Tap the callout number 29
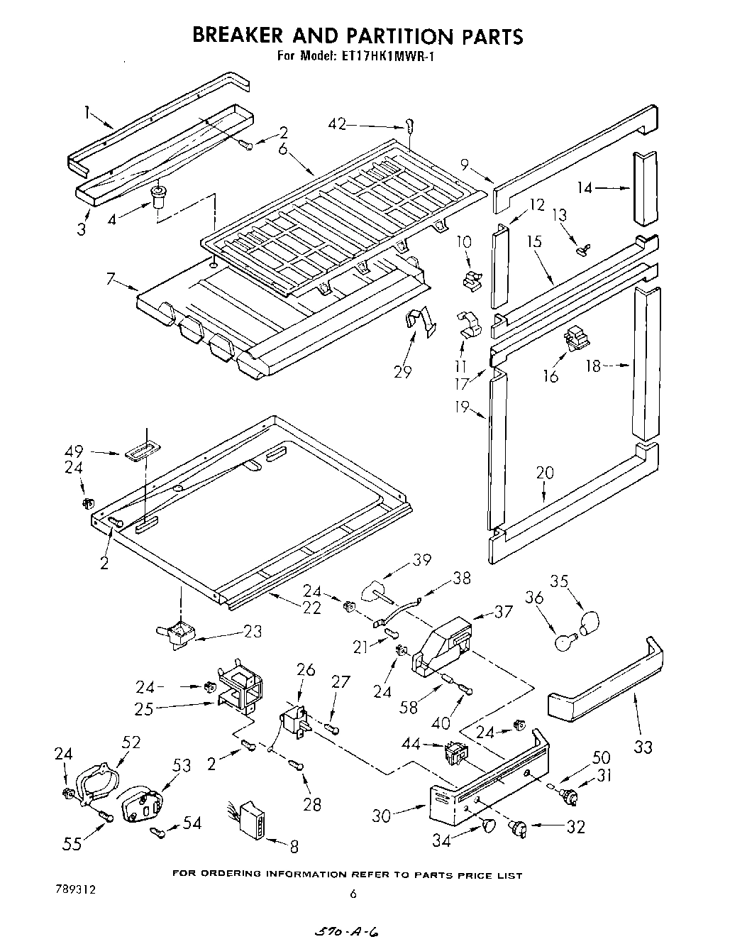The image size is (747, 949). tap(402, 371)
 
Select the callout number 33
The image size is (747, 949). tap(643, 746)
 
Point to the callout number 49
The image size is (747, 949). tap(74, 451)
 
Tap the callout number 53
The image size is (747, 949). tap(182, 765)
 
